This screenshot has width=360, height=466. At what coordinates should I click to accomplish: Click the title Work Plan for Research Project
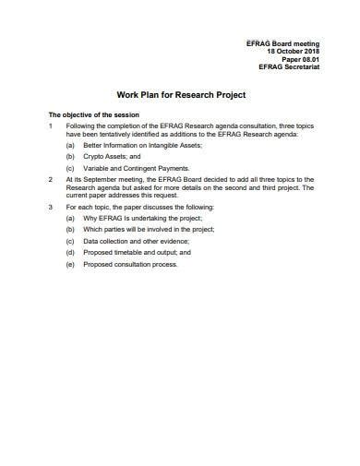coord(180,95)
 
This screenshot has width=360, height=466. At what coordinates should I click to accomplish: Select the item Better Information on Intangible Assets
coord(142,144)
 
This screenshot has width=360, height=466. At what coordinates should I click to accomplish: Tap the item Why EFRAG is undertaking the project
coord(141,217)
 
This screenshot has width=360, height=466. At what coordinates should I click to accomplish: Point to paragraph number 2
coord(50,180)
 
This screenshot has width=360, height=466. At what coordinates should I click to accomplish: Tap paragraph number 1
coord(50,125)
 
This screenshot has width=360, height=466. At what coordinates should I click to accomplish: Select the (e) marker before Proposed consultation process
coord(70,264)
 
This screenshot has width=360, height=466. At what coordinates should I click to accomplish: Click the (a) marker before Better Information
coord(70,144)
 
